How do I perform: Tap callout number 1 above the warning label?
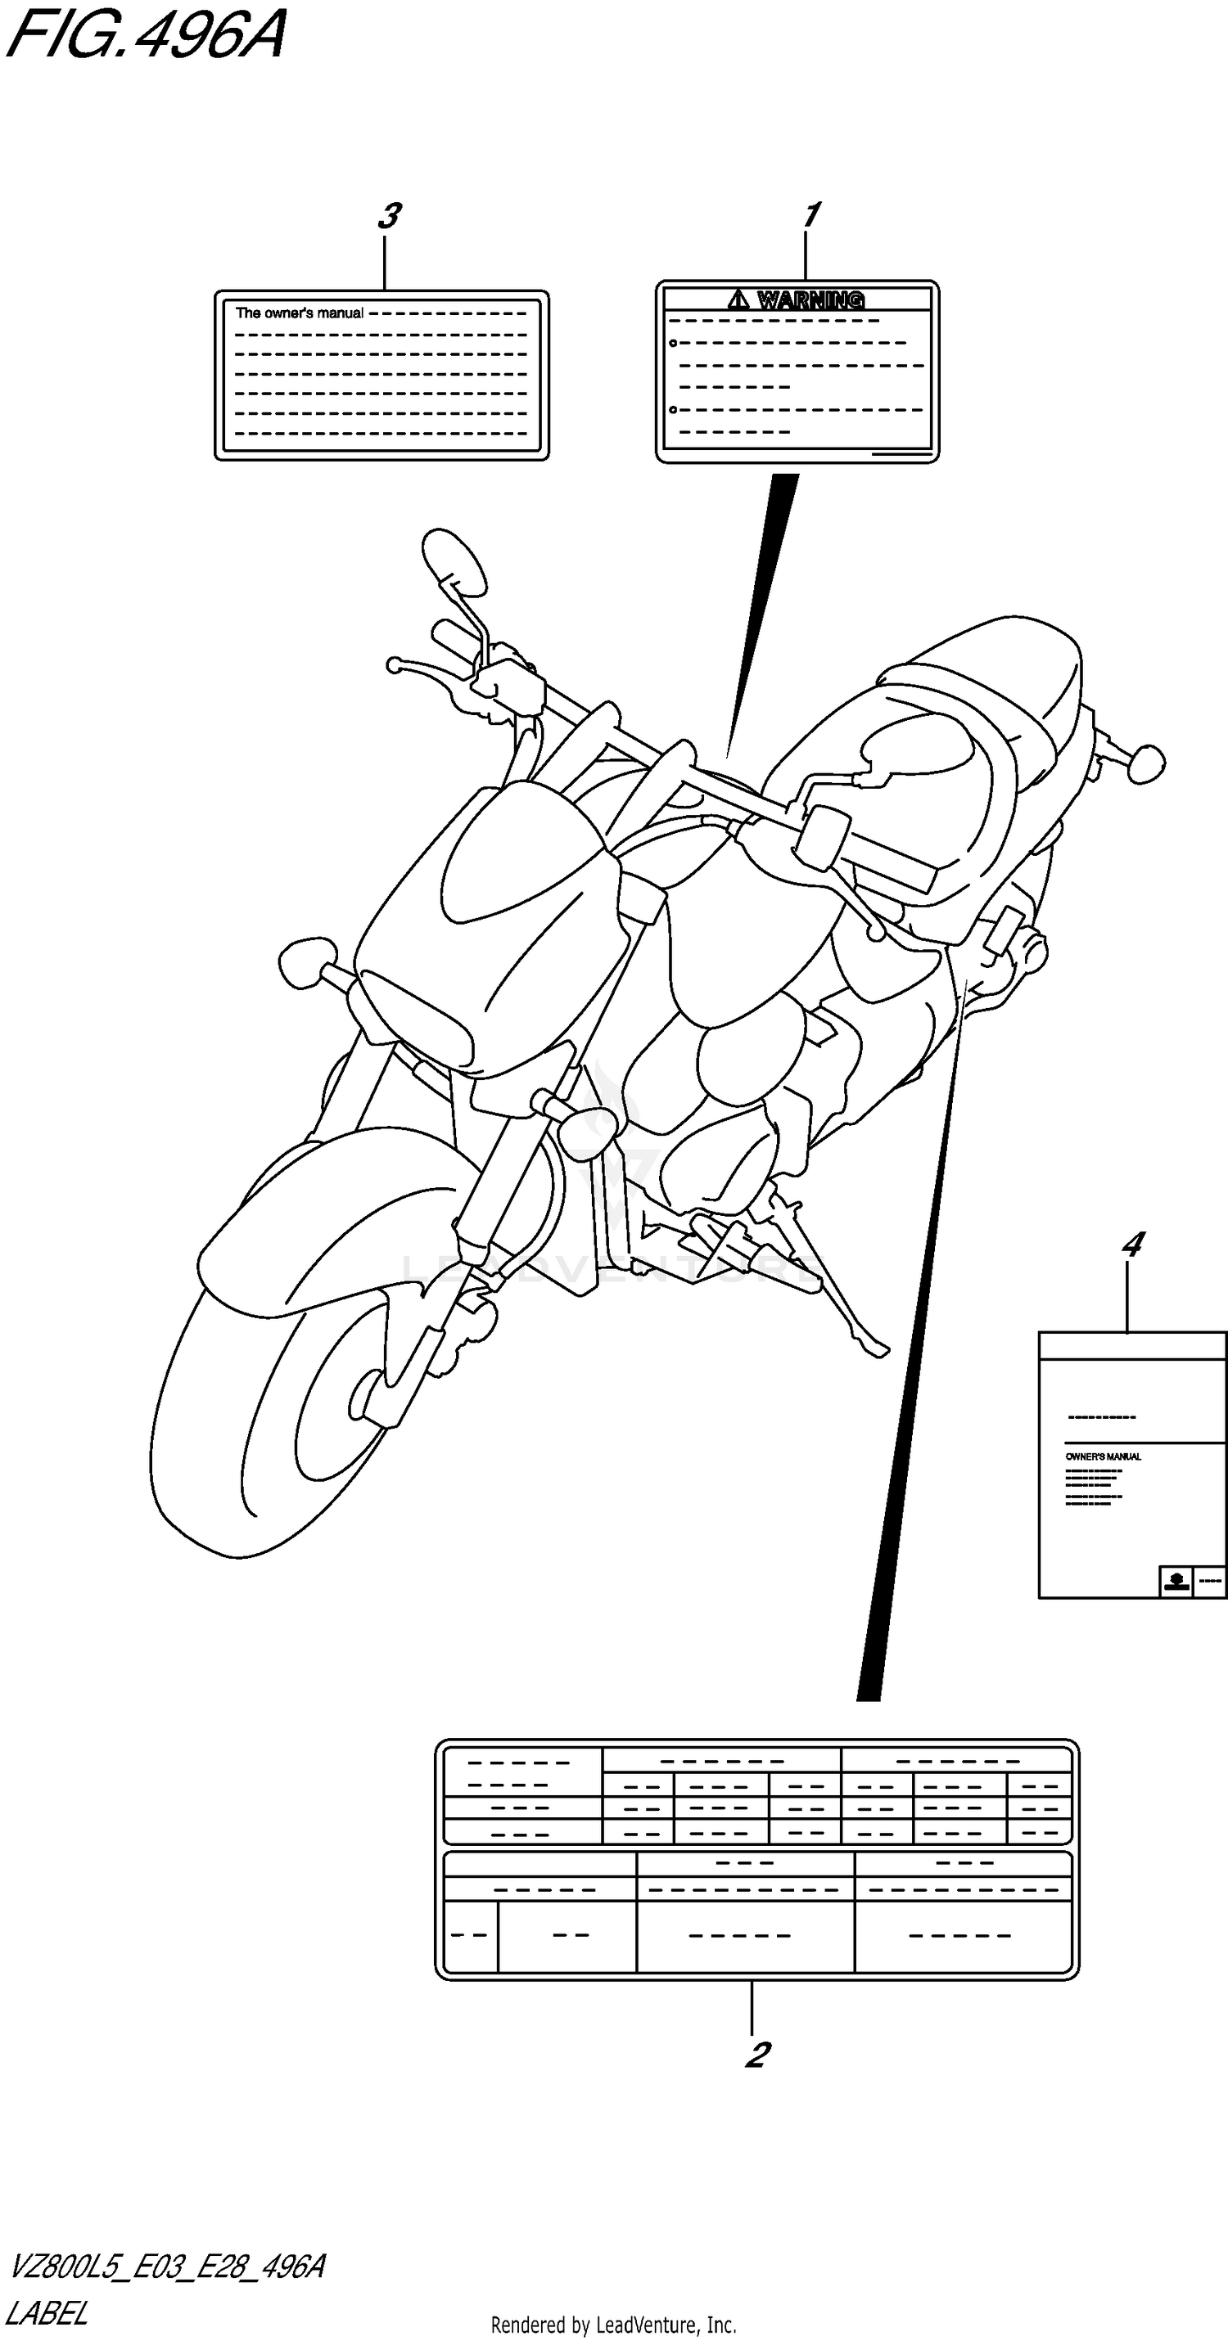tap(810, 215)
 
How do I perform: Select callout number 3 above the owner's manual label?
tap(389, 216)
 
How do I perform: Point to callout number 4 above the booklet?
tap(1131, 1244)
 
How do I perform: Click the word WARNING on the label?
tap(810, 299)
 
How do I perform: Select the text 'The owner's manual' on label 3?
tap(299, 313)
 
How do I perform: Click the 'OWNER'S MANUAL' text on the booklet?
tap(1103, 1456)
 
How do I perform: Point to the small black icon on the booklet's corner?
tap(1176, 1582)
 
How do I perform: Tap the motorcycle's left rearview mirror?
tap(453, 560)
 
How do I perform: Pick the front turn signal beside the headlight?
tap(307, 963)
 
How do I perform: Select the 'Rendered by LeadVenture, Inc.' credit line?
tap(612, 2325)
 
